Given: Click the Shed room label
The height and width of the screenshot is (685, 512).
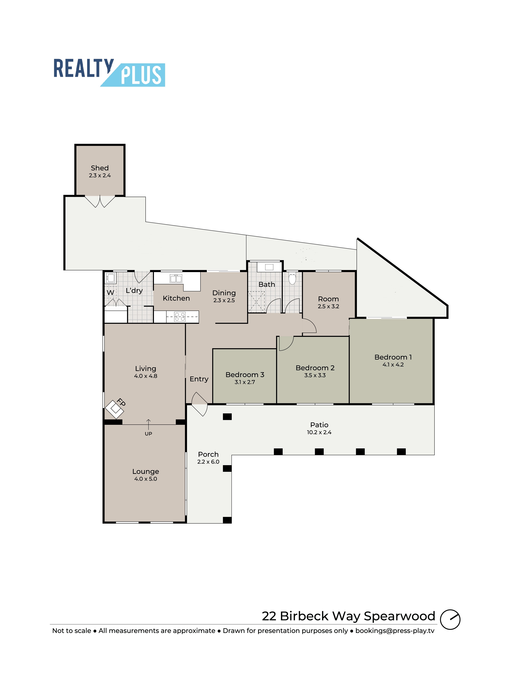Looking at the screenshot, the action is click(x=100, y=168).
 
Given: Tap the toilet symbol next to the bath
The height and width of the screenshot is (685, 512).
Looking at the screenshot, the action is click(x=292, y=279).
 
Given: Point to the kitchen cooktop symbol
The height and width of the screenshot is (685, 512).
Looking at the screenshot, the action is click(x=180, y=317).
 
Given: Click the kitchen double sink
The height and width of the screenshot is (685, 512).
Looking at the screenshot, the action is click(x=176, y=278).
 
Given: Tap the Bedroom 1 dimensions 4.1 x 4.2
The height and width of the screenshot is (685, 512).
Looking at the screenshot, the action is click(x=393, y=364).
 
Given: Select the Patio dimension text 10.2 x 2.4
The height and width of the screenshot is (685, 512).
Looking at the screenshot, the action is click(x=319, y=432).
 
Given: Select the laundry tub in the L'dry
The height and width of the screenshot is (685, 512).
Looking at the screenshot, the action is click(x=111, y=278).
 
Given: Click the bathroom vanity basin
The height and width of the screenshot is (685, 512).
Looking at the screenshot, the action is click(x=269, y=267).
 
